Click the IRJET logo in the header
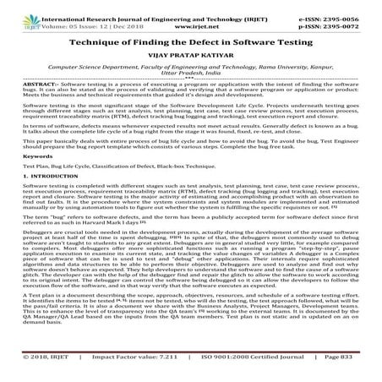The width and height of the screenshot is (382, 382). pos(16,13)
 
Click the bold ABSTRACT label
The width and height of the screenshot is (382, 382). pos(27,89)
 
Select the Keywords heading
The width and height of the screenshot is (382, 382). pos(27,181)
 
